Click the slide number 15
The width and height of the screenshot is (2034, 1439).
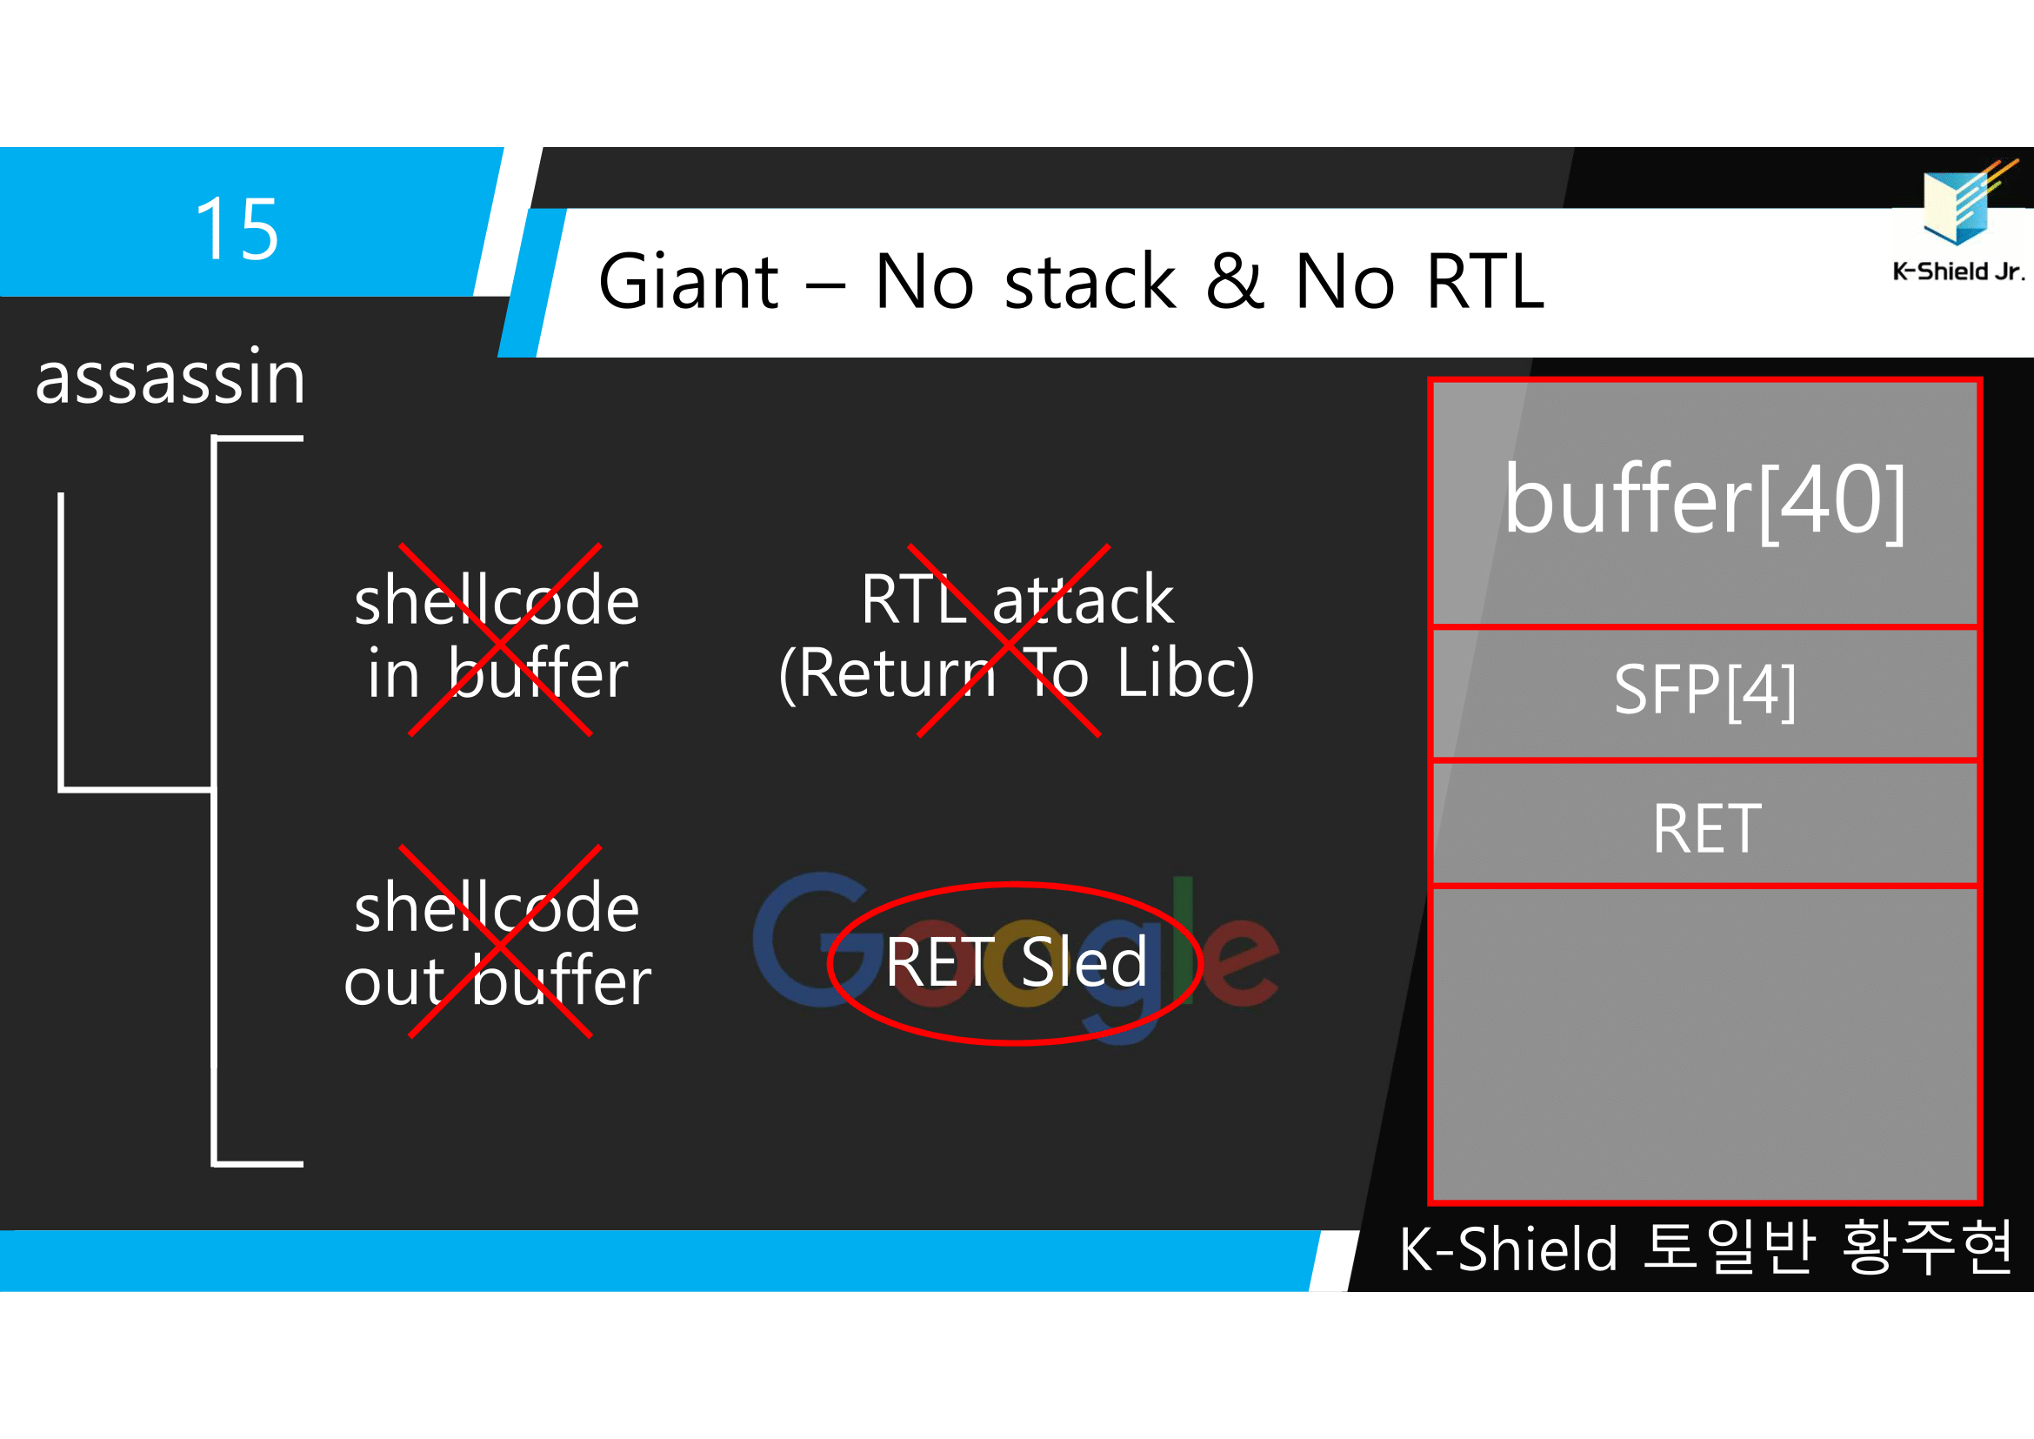click(x=237, y=230)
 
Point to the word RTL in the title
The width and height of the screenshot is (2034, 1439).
click(x=1485, y=282)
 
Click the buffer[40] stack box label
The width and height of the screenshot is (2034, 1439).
click(x=1704, y=501)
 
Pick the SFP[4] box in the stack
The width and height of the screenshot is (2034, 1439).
click(x=1704, y=691)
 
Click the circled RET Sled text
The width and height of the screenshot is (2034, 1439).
click(x=1016, y=962)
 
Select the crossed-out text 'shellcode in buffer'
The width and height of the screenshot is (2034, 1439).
click(x=497, y=636)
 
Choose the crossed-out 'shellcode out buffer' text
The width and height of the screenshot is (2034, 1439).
click(x=497, y=945)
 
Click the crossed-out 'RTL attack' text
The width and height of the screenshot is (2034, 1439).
click(x=1016, y=600)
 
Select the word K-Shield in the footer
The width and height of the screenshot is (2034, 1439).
click(x=1508, y=1249)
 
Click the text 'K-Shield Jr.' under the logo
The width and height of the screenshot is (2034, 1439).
click(x=1957, y=272)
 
